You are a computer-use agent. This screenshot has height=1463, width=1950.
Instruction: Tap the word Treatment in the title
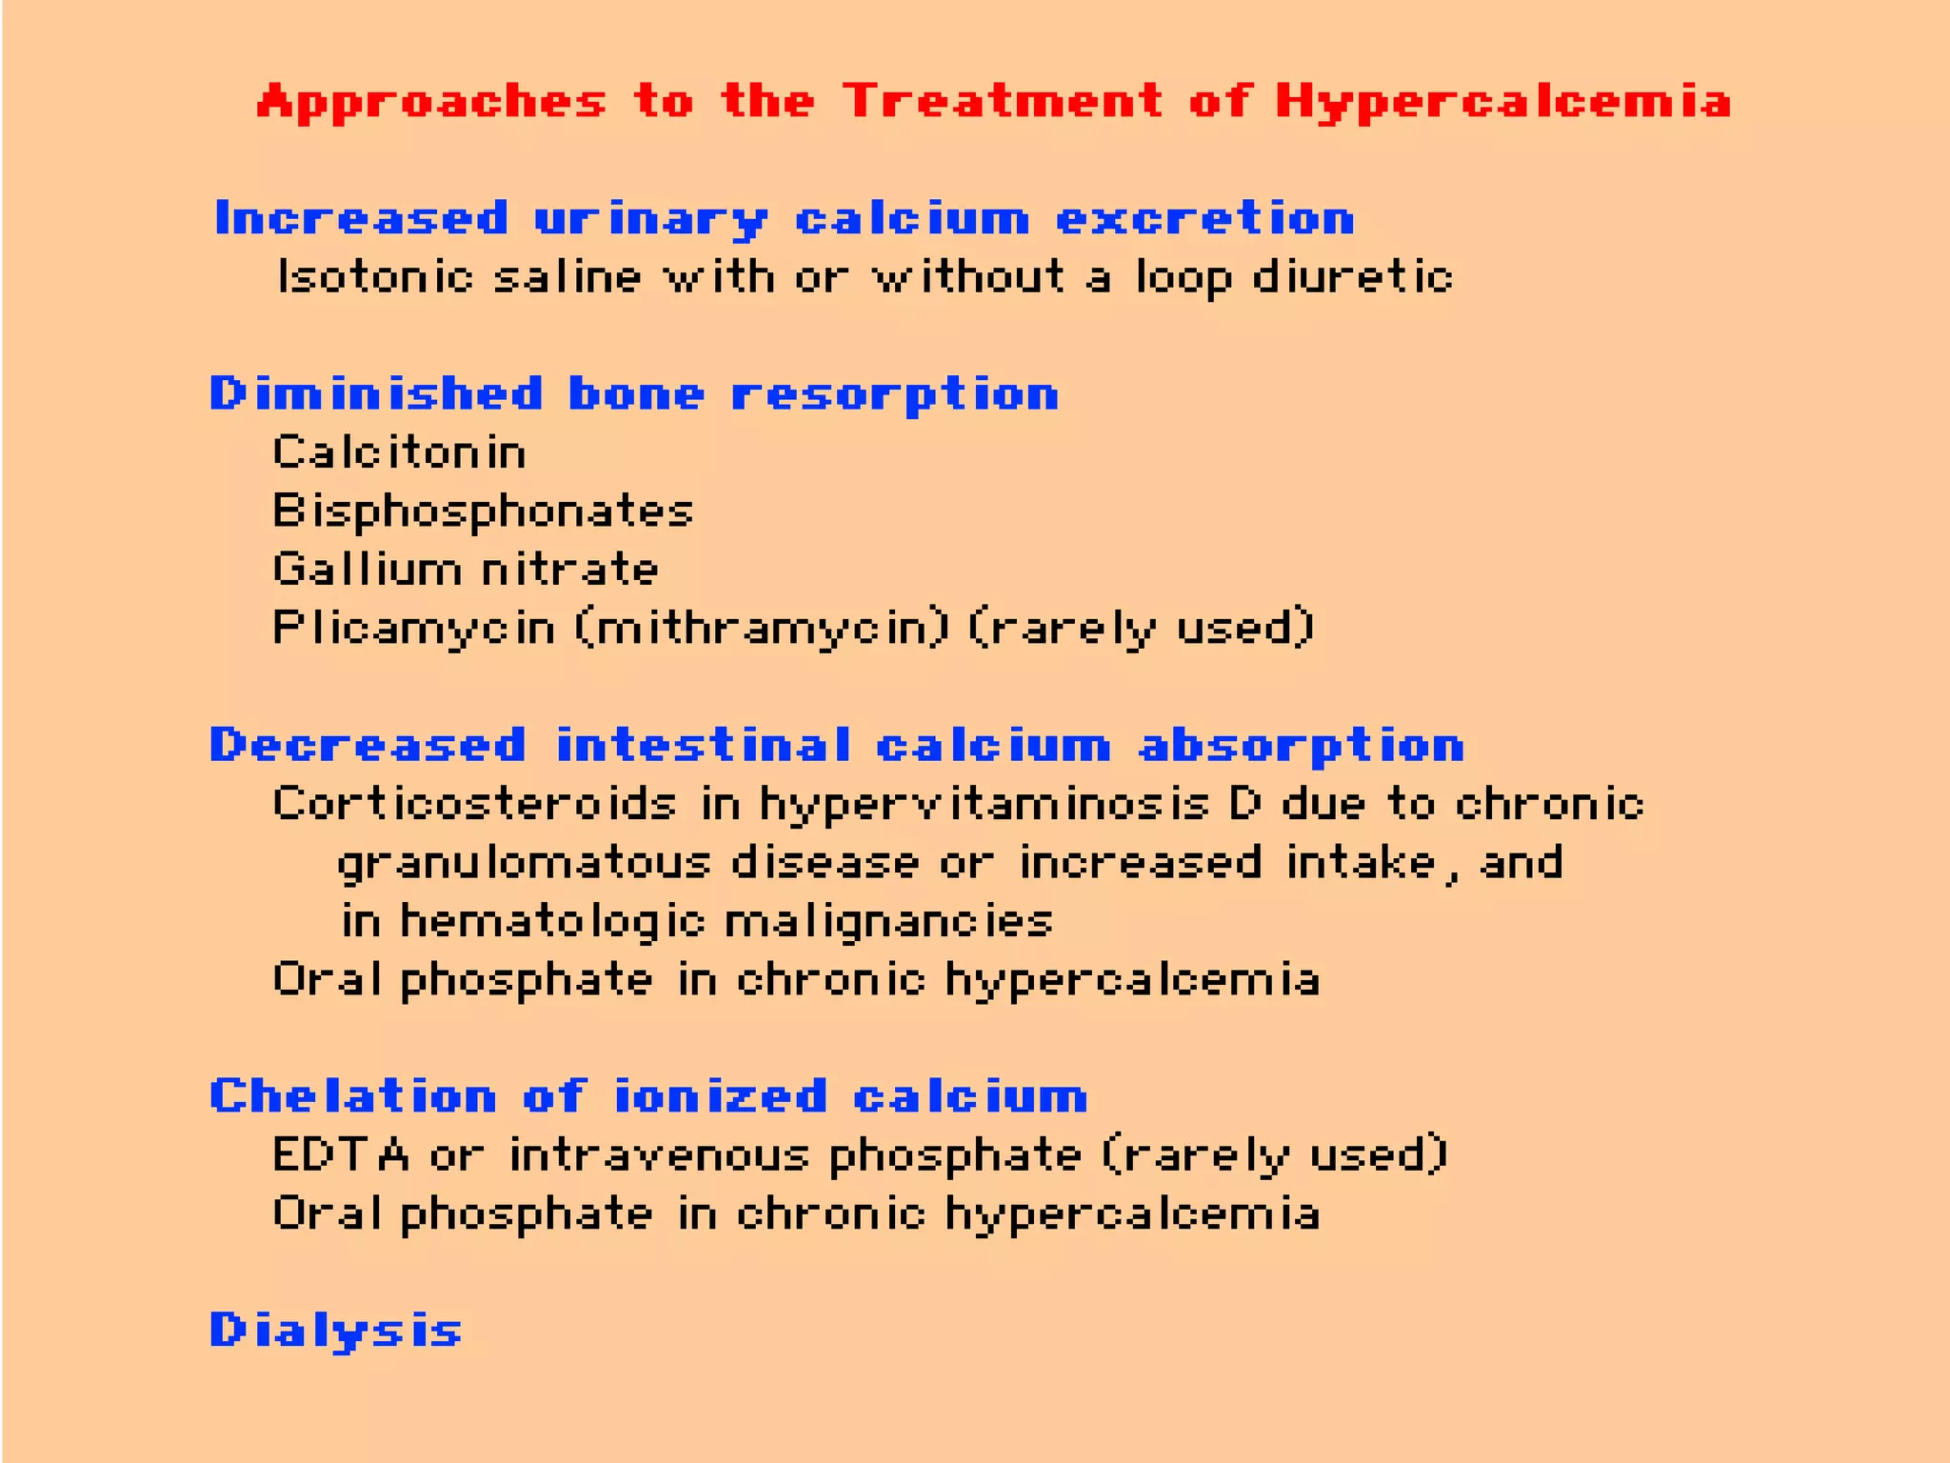point(1003,101)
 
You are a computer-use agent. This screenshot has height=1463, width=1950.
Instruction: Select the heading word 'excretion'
point(1205,219)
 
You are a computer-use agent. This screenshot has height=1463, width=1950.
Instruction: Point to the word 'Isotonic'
point(375,277)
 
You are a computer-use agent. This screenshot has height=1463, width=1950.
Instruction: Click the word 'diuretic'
point(1352,277)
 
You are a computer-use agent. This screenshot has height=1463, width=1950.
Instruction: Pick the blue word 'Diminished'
point(376,394)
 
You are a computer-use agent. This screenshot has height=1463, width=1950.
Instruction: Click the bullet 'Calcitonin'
point(399,452)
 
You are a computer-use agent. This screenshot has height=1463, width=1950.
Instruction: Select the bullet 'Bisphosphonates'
point(483,512)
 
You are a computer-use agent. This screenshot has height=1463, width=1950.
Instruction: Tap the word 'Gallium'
point(367,570)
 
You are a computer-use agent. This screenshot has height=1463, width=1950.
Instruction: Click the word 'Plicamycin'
point(413,629)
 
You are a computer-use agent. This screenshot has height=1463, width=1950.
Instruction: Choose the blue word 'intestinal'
point(704,745)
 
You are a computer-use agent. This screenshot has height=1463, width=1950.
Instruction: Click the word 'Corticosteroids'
point(474,804)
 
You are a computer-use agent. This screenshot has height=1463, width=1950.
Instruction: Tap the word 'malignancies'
point(888,922)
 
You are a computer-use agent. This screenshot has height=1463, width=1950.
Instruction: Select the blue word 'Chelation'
point(353,1096)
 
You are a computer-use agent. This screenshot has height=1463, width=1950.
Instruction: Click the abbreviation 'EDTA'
point(341,1155)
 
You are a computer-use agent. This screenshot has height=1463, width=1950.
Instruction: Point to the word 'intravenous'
point(659,1155)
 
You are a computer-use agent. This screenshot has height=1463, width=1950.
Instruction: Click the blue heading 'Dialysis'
point(336,1331)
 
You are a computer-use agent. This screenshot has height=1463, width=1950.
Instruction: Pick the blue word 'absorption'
point(1302,745)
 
